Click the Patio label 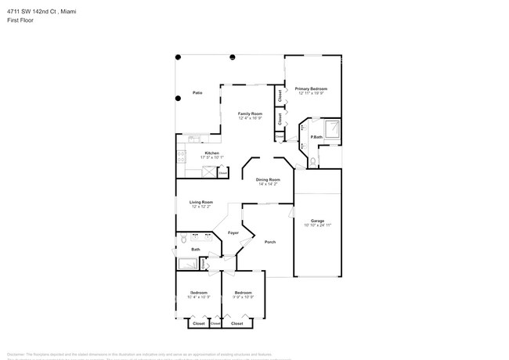click(x=198, y=93)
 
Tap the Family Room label click(x=250, y=113)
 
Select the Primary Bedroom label click(x=311, y=89)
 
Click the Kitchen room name click(x=190, y=153)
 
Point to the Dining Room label click(x=268, y=180)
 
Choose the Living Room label click(x=201, y=202)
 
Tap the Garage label click(x=317, y=221)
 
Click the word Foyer click(x=233, y=233)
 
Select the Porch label click(x=269, y=242)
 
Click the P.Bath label click(x=316, y=138)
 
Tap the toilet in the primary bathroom click(x=312, y=162)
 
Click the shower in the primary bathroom click(x=332, y=128)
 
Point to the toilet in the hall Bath click(x=183, y=239)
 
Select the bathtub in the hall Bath click(x=187, y=264)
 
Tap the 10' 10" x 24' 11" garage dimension click(x=317, y=225)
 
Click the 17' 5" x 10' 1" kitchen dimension click(x=190, y=157)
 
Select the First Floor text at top click(x=16, y=20)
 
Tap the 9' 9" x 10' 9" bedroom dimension click(x=243, y=297)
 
